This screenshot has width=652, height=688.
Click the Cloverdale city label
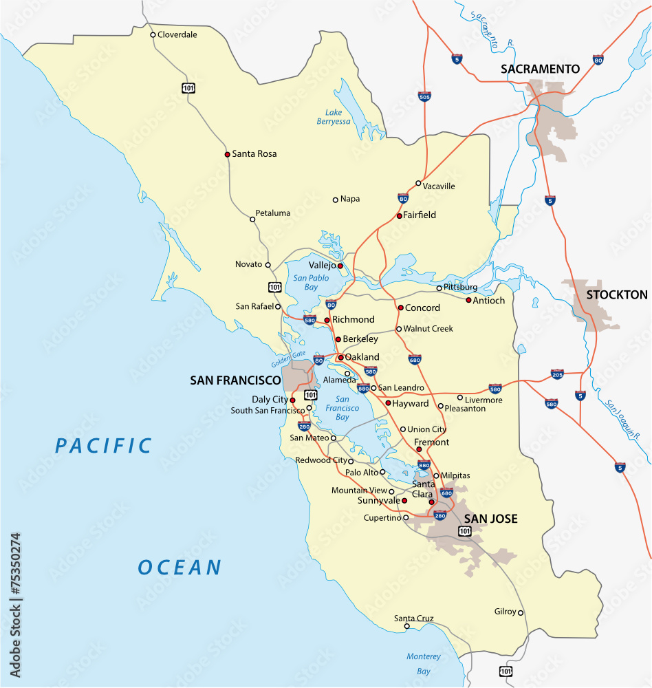pyautogui.click(x=177, y=34)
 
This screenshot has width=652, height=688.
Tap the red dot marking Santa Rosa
pyautogui.click(x=227, y=154)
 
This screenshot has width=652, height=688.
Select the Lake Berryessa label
pyautogui.click(x=334, y=117)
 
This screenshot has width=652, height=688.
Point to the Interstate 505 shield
pyautogui.click(x=424, y=97)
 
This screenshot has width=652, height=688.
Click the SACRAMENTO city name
pyautogui.click(x=540, y=69)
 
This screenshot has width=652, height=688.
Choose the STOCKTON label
pyautogui.click(x=616, y=295)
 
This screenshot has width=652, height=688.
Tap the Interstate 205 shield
pyautogui.click(x=557, y=374)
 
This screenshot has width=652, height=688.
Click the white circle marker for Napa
pyautogui.click(x=336, y=200)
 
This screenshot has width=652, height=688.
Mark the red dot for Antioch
pyautogui.click(x=468, y=300)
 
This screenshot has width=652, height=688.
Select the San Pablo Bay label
pyautogui.click(x=311, y=282)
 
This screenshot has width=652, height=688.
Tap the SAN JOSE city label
pyautogui.click(x=490, y=519)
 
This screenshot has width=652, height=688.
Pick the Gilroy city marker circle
pyautogui.click(x=521, y=612)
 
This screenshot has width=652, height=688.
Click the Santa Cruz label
pyautogui.click(x=413, y=619)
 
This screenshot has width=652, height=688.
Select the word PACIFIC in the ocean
pyautogui.click(x=104, y=446)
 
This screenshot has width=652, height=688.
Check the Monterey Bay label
pyautogui.click(x=423, y=664)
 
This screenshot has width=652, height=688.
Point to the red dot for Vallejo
pyautogui.click(x=340, y=266)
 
